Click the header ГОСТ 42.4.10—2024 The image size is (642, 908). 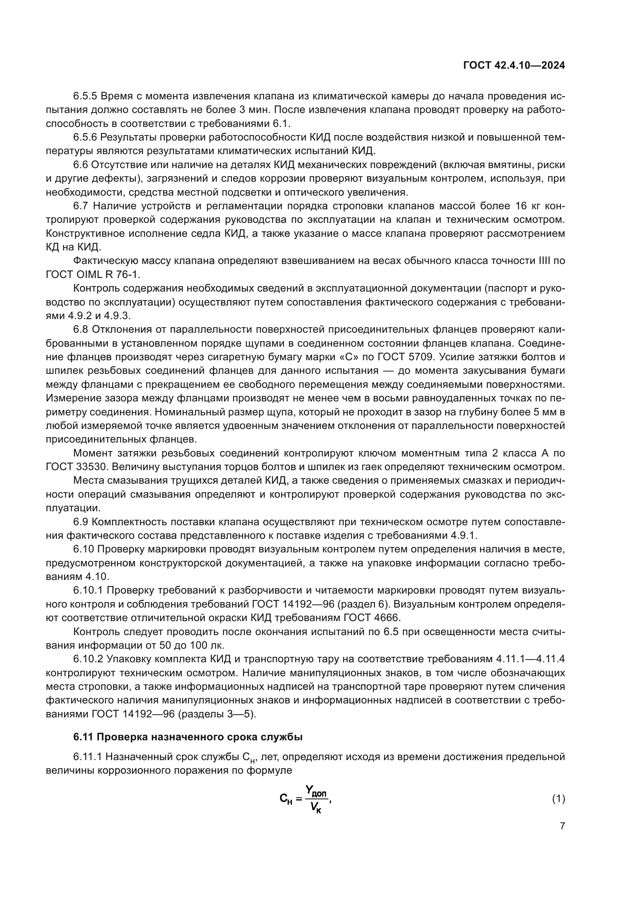click(514, 66)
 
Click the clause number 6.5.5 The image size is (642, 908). click(85, 96)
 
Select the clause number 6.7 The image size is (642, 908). click(81, 206)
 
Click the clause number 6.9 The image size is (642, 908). click(81, 522)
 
